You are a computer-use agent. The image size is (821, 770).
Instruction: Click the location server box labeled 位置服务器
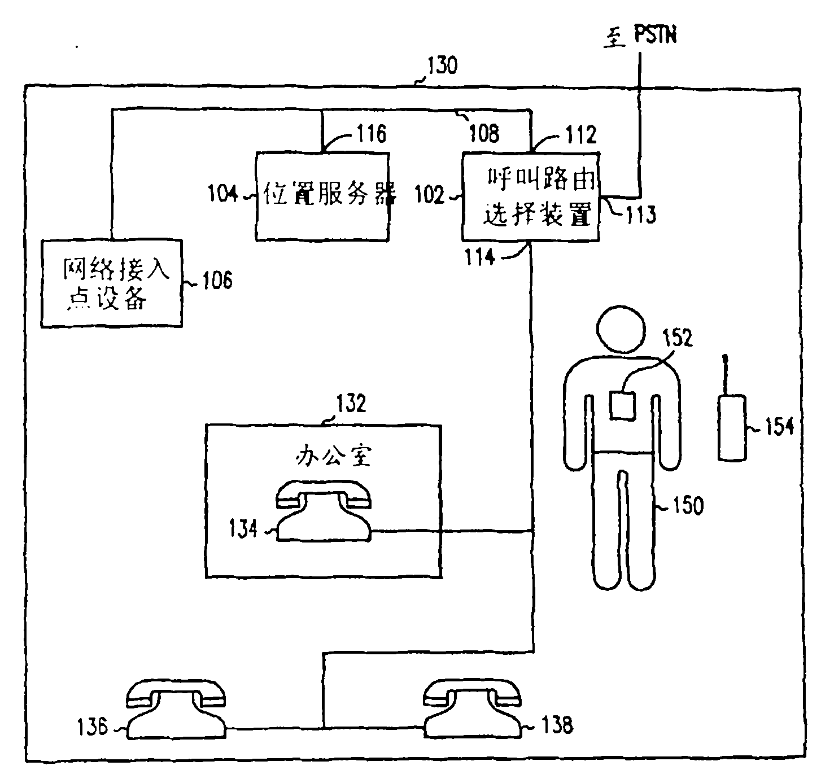tap(322, 196)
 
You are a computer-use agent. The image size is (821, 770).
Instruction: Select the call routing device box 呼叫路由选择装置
tap(531, 196)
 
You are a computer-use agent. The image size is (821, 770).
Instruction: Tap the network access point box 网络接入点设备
tap(112, 283)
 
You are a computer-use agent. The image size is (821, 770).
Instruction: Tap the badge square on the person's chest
tap(623, 405)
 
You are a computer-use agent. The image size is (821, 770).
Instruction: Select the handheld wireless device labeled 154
tap(732, 428)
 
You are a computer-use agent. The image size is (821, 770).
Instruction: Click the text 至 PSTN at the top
tap(640, 37)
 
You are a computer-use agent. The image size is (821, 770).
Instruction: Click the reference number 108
tap(484, 133)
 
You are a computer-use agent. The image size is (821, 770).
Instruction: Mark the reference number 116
tap(371, 134)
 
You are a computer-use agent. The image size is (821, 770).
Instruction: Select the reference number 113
tap(640, 215)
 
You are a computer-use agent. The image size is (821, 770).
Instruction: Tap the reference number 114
tap(480, 257)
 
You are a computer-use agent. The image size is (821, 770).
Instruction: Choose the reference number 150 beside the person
tap(687, 505)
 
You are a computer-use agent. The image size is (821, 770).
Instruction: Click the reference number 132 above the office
tap(351, 404)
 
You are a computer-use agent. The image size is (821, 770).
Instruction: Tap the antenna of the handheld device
tap(726, 375)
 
